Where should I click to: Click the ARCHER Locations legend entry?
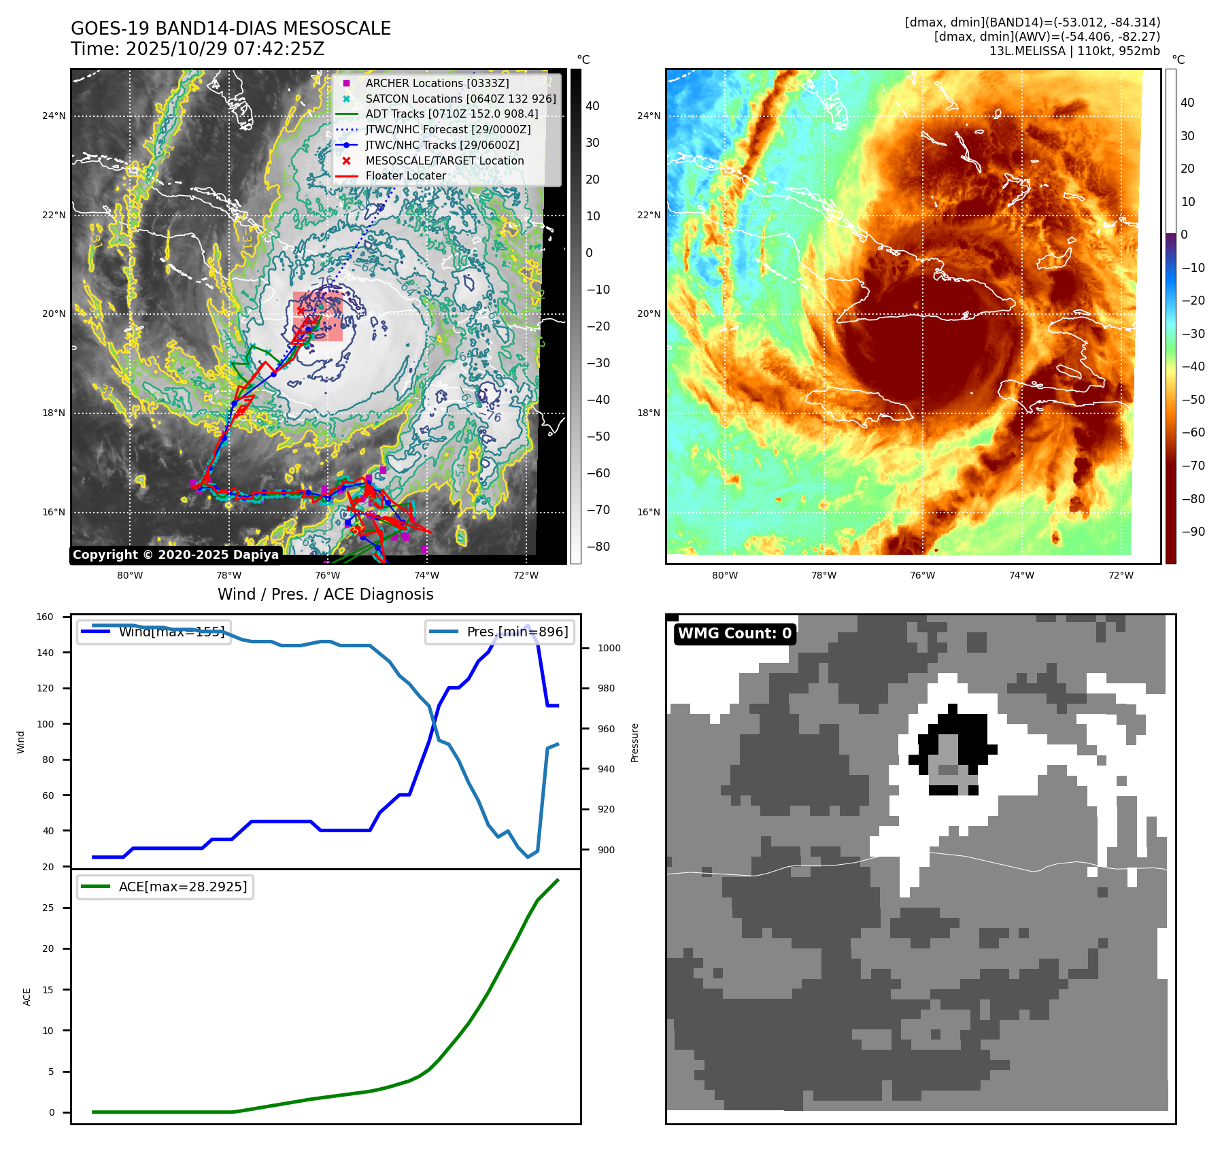pos(437,83)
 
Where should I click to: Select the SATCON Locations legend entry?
pos(460,99)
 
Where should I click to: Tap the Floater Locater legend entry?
pos(405,175)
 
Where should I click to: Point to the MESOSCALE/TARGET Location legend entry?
pos(444,160)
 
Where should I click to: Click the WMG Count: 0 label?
pos(734,634)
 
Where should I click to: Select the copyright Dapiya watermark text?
pos(175,555)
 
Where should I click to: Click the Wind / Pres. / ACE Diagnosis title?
pos(325,594)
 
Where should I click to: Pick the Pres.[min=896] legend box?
pos(500,632)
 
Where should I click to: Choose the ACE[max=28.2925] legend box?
pos(165,887)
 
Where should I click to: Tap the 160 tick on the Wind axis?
pos(45,617)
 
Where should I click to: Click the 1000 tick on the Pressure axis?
pos(609,648)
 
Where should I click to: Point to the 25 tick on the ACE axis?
pos(48,908)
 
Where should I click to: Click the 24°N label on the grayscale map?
pos(54,116)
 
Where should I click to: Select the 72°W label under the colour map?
pos(1121,575)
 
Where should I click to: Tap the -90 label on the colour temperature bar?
pos(1193,532)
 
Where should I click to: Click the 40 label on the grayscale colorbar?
pos(592,106)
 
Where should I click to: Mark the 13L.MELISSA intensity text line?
pos(1074,51)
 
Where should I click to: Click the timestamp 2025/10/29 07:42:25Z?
pos(225,49)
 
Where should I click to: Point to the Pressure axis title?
pos(634,742)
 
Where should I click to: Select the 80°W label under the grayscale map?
pos(130,575)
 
